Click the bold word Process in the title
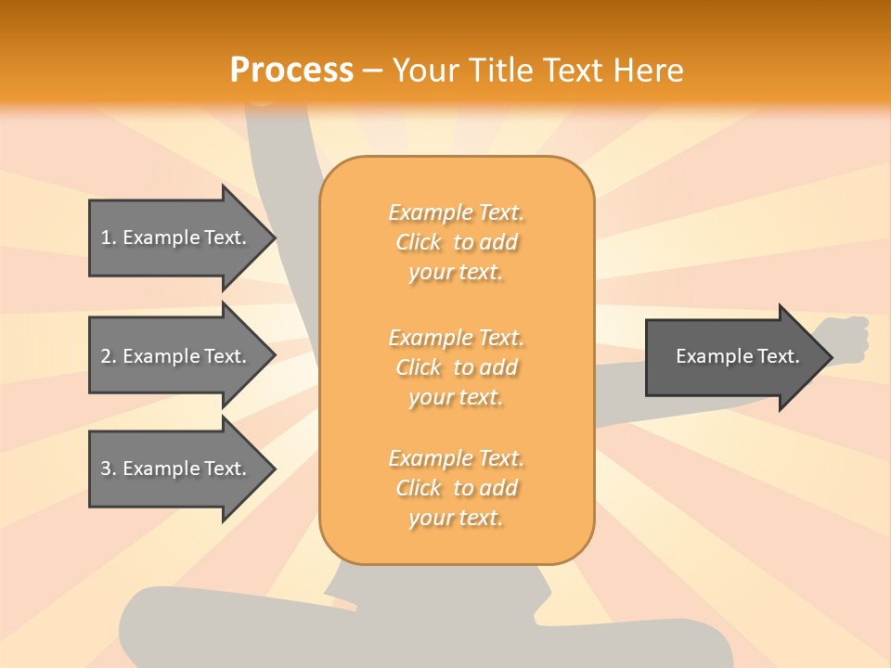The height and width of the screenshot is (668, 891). tap(291, 71)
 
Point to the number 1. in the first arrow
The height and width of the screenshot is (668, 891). tap(109, 238)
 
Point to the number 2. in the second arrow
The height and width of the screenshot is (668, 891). tap(109, 356)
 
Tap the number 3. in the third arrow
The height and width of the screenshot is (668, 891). tap(109, 469)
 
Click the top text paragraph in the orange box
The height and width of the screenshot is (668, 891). tap(456, 242)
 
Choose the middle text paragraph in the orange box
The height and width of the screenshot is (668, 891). tap(456, 367)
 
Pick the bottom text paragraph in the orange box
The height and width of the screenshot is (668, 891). tap(456, 488)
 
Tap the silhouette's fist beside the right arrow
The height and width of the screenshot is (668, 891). tap(846, 340)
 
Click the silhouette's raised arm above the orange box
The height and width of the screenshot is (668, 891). tap(278, 139)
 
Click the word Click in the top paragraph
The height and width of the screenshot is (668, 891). tap(419, 242)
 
